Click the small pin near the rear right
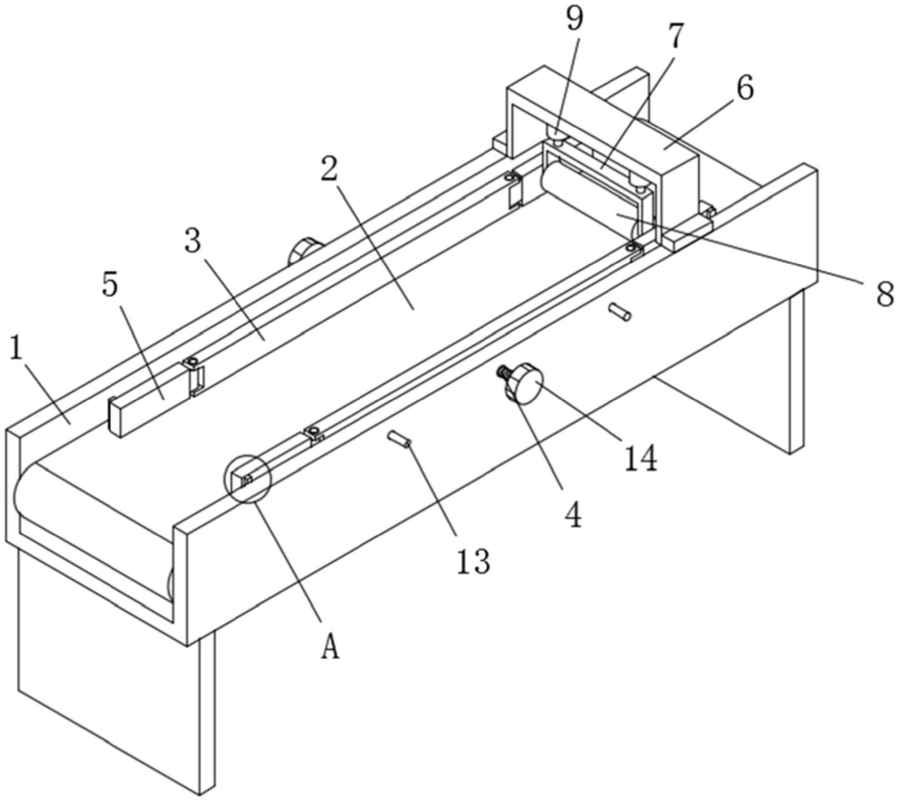point(619,311)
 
